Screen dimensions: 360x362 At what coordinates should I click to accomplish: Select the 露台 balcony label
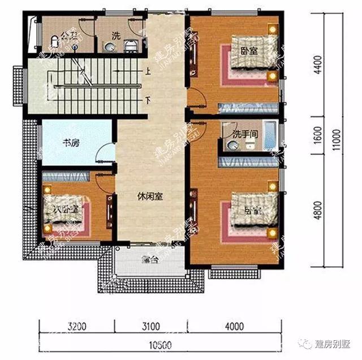tap(149, 261)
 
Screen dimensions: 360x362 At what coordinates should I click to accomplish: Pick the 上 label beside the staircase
tap(148, 72)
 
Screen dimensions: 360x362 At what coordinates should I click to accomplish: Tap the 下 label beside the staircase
tap(148, 101)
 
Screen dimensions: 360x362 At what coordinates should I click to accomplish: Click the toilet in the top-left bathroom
tap(54, 40)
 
